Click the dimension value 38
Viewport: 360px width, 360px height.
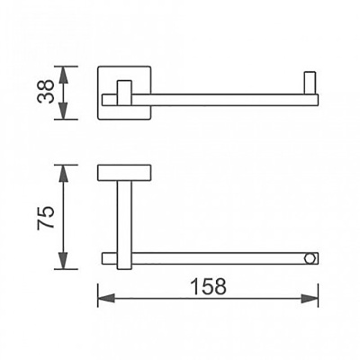point(46,92)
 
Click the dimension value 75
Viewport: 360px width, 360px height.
point(46,218)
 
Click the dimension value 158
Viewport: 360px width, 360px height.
point(209,286)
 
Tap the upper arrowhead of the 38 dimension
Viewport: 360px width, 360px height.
point(63,76)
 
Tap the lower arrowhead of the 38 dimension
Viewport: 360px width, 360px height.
point(63,110)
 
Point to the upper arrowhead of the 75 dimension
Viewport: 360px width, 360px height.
point(63,174)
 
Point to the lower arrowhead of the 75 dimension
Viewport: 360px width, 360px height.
point(63,260)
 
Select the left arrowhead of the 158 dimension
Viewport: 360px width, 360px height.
point(106,299)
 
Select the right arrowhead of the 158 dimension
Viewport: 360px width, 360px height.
point(310,299)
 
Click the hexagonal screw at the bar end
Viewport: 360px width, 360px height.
point(310,258)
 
